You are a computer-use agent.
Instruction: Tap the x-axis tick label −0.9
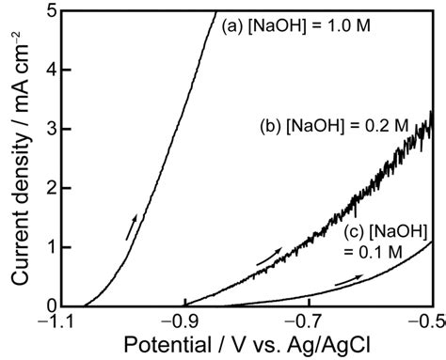coord(184,322)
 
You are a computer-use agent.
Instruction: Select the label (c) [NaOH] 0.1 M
coord(387,239)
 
